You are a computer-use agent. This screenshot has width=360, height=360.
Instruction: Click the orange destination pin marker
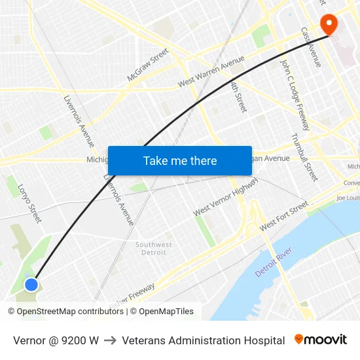[328, 25]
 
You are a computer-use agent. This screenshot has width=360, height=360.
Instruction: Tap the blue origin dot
[31, 284]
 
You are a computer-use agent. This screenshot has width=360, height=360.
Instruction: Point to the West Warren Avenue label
[211, 74]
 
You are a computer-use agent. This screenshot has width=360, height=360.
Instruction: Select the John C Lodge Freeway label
[294, 95]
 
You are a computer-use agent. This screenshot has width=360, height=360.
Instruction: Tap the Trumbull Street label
[304, 157]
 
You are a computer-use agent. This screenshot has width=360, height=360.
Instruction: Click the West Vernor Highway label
[226, 196]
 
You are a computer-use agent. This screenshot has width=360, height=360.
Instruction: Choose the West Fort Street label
[283, 216]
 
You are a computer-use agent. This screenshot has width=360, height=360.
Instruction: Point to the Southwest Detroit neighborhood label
[154, 249]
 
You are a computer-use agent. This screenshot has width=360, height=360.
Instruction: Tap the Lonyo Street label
[29, 203]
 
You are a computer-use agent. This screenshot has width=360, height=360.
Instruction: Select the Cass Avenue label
[310, 46]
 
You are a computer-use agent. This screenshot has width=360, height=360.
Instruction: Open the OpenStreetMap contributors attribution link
[69, 312]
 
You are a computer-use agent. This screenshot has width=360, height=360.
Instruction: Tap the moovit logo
[321, 340]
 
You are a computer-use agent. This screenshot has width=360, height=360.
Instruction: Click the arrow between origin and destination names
[110, 340]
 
